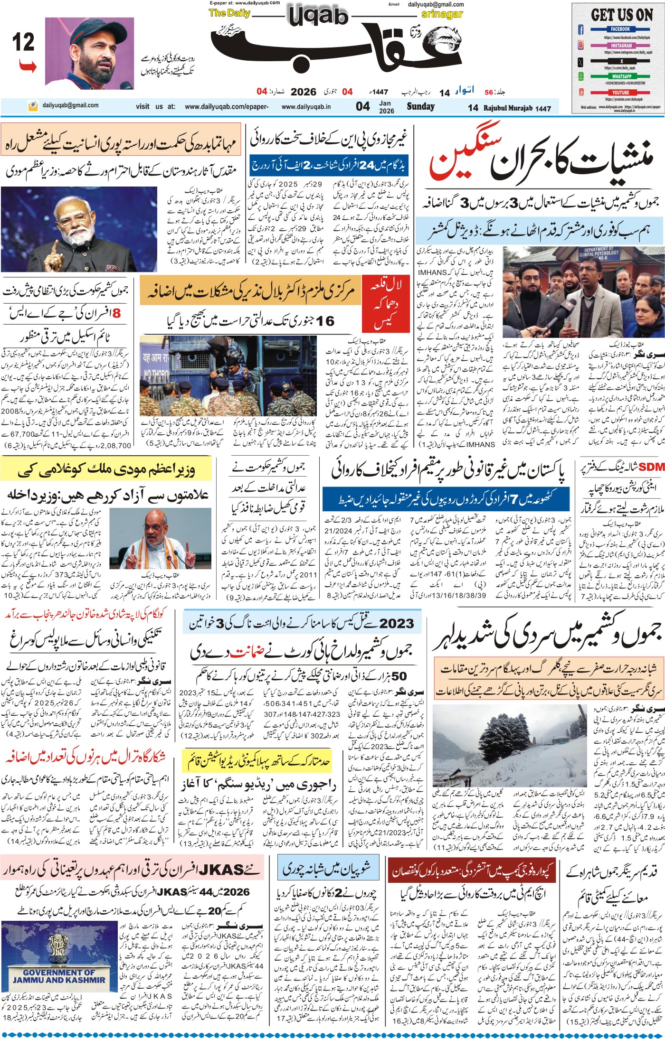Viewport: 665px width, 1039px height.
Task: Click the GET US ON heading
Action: (x=622, y=15)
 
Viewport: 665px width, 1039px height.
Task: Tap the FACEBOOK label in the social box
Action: (x=620, y=29)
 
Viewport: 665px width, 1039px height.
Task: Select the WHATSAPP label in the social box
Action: (x=621, y=76)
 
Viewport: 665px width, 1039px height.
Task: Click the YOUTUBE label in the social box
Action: (x=620, y=93)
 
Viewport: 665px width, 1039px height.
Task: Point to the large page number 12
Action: (x=23, y=43)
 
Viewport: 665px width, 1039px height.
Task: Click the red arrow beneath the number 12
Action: (x=28, y=66)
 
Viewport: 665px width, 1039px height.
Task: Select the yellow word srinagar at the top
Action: (x=441, y=14)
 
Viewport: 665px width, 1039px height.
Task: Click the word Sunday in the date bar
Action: (x=420, y=106)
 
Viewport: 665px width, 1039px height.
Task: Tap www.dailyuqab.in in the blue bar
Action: (x=306, y=107)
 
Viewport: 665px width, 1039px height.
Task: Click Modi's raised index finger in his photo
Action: (x=54, y=238)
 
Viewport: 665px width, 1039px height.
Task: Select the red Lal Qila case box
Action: (x=386, y=304)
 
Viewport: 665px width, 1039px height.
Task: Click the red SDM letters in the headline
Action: (x=651, y=468)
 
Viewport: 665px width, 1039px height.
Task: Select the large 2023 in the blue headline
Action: (x=397, y=623)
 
